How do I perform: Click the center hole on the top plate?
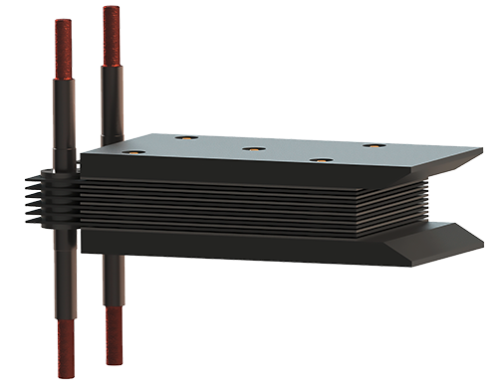coord(254,149)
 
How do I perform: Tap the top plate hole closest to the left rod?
coord(134,153)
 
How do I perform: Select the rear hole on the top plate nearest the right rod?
coord(185,137)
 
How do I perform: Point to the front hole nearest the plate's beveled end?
coord(320,160)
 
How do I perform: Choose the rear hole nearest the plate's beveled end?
coord(373,145)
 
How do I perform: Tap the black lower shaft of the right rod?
coord(114,279)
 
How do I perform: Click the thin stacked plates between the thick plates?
coord(249,204)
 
